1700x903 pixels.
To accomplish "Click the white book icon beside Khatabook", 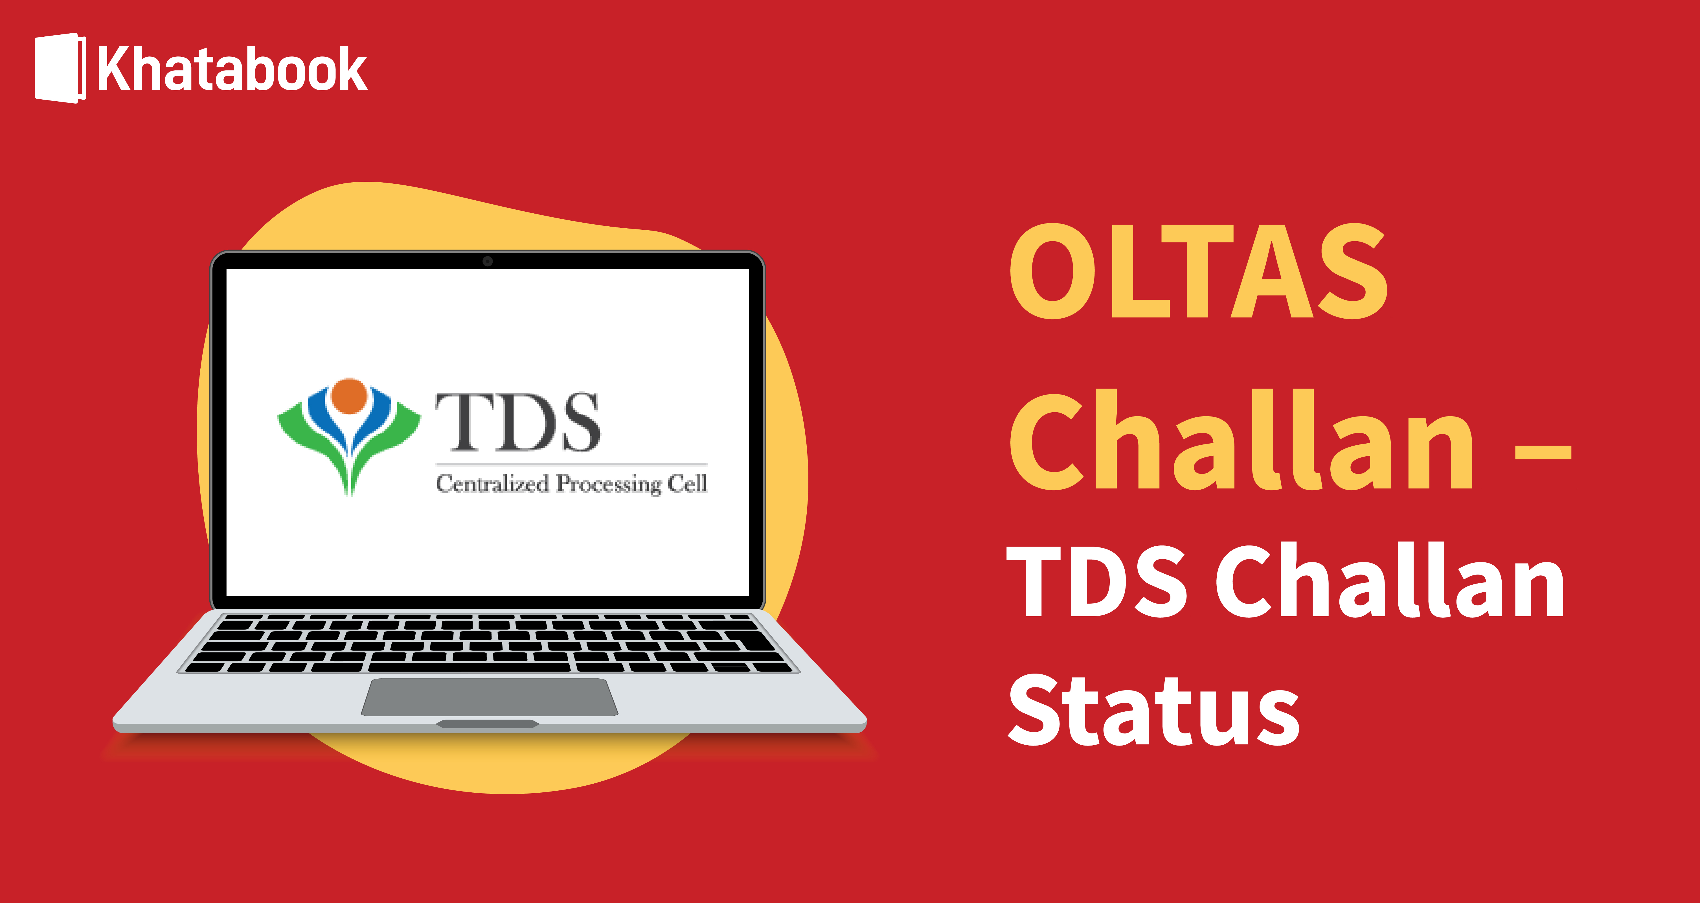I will click(60, 68).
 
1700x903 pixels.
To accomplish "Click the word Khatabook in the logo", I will click(232, 69).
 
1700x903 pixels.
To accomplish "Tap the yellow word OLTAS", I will click(1198, 271).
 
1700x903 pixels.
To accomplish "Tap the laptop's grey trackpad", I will click(489, 696).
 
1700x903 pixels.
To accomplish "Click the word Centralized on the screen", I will click(492, 484).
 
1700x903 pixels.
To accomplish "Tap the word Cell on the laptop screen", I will click(687, 484).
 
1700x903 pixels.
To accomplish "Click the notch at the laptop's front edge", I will click(488, 724).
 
